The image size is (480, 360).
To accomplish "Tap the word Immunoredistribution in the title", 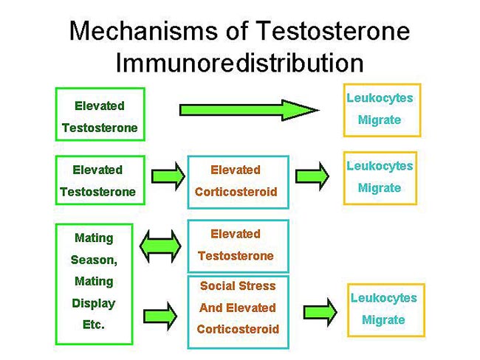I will click(239, 62).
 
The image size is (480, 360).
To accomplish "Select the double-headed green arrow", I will click(162, 246).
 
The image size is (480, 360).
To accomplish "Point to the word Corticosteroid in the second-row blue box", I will click(236, 192).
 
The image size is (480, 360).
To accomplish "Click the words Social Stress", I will click(238, 285).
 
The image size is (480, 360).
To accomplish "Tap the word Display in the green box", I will click(94, 303).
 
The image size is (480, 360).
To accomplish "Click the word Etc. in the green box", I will click(94, 324).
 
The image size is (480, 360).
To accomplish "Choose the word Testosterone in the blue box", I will click(236, 255).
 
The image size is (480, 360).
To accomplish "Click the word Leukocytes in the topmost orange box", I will click(380, 98).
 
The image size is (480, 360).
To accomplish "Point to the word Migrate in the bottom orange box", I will click(383, 320).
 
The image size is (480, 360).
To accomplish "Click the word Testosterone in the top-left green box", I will click(99, 128).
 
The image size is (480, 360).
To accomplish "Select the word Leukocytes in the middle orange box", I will click(380, 166).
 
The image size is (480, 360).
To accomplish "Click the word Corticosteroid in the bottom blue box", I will click(238, 329).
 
